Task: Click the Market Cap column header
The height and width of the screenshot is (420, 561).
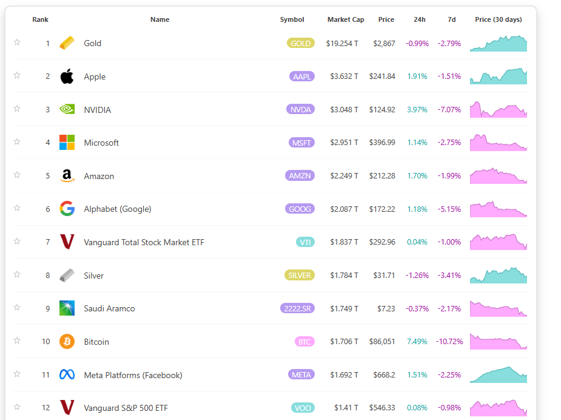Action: (x=346, y=19)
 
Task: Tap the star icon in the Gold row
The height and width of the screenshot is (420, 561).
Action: (x=17, y=42)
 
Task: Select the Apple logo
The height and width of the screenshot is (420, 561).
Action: (x=67, y=76)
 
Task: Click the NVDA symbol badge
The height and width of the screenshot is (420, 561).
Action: (x=301, y=109)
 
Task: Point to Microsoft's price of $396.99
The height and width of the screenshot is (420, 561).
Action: (x=382, y=143)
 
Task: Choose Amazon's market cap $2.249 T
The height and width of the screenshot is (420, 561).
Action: (x=344, y=176)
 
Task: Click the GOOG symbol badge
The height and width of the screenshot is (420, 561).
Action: (x=300, y=209)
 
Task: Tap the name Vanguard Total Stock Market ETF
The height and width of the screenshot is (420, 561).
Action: (x=144, y=242)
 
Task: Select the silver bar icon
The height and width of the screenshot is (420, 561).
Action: (x=67, y=276)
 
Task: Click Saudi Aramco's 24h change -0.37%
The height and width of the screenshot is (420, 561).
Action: (x=417, y=308)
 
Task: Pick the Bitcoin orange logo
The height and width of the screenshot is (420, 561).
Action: (x=67, y=342)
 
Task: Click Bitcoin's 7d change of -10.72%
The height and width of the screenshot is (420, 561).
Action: (x=449, y=342)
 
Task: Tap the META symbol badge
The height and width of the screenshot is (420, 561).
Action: (x=301, y=374)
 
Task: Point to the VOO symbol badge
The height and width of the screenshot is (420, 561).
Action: (x=303, y=408)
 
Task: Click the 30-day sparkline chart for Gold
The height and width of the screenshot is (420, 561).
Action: (x=499, y=44)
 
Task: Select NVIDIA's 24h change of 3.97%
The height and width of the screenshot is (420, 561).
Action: (x=417, y=110)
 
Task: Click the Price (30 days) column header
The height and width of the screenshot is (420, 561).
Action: (x=498, y=19)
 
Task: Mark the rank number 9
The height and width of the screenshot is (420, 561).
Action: (x=47, y=308)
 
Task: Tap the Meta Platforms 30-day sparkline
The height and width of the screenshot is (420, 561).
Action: (x=499, y=375)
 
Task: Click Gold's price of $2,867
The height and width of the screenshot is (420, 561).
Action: (x=384, y=43)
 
